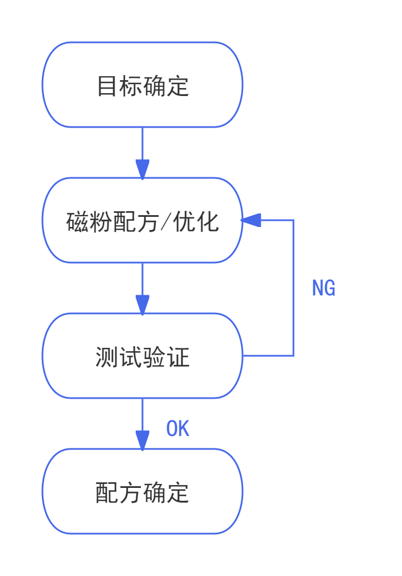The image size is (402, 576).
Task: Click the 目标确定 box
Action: [142, 85]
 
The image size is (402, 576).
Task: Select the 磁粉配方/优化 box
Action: [142, 220]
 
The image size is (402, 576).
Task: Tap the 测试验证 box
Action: [142, 356]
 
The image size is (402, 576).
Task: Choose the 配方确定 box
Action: [142, 491]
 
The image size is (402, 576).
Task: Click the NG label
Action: [323, 289]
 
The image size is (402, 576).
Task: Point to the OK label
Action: [178, 429]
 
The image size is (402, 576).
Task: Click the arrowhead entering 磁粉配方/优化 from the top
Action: [142, 169]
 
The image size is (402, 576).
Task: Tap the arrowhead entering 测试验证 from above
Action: [142, 304]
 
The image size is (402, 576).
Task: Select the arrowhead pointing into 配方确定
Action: [142, 440]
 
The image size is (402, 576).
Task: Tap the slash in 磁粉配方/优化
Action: [166, 222]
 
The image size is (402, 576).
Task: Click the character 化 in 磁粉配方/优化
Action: [208, 222]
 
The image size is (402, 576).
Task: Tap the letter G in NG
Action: [330, 289]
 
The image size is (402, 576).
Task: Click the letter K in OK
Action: [184, 429]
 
